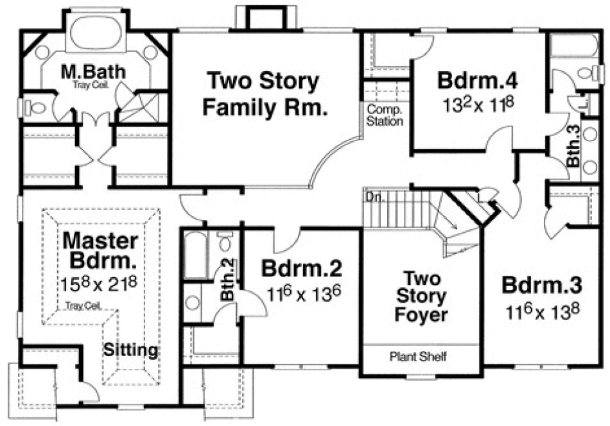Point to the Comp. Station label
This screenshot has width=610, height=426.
coord(384,115)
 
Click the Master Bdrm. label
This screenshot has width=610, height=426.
coord(101,251)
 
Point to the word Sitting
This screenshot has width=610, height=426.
coord(131,350)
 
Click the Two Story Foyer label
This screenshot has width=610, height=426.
coord(421,296)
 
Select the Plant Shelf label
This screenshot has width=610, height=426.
coord(418,356)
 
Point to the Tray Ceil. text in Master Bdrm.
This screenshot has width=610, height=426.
coord(82,306)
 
